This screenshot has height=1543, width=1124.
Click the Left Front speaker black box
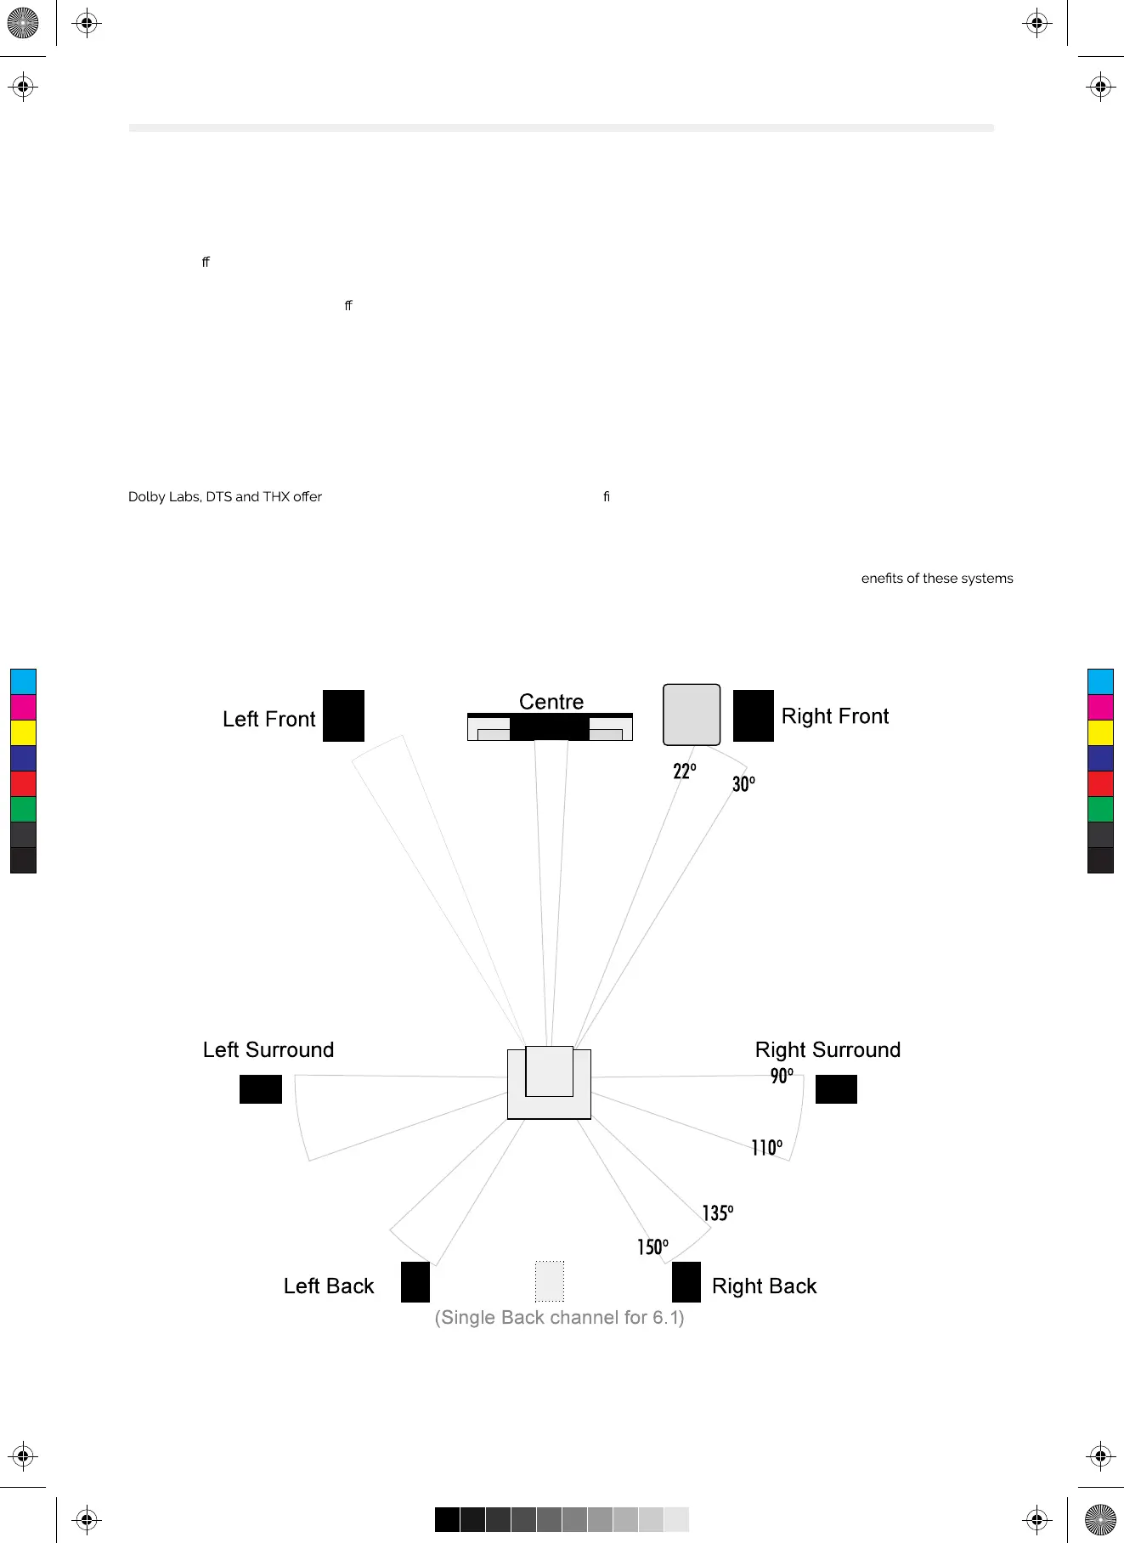[x=343, y=715]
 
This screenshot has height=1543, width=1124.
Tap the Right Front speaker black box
[x=753, y=715]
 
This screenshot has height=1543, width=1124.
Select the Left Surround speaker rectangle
[x=260, y=1088]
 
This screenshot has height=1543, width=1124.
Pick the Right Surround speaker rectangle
[x=836, y=1088]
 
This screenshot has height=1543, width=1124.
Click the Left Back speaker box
[x=415, y=1281]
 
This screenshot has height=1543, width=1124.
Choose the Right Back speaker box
[x=686, y=1281]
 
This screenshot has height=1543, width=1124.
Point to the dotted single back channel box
[x=550, y=1281]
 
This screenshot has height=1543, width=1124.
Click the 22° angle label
[x=684, y=771]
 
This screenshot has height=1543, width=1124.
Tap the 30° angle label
[x=743, y=784]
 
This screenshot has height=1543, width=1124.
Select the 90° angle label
[x=782, y=1076]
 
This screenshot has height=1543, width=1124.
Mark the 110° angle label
[x=766, y=1148]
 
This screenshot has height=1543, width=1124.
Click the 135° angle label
[x=717, y=1212]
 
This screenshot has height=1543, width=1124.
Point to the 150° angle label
[x=652, y=1246]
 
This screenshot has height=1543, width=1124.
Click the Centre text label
[x=551, y=702]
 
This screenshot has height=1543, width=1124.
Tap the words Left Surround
[x=268, y=1049]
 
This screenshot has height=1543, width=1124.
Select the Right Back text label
[x=764, y=1286]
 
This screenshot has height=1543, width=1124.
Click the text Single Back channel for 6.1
[x=559, y=1317]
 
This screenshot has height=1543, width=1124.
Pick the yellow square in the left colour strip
[x=23, y=732]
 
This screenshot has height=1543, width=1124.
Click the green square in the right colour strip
[x=1100, y=809]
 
